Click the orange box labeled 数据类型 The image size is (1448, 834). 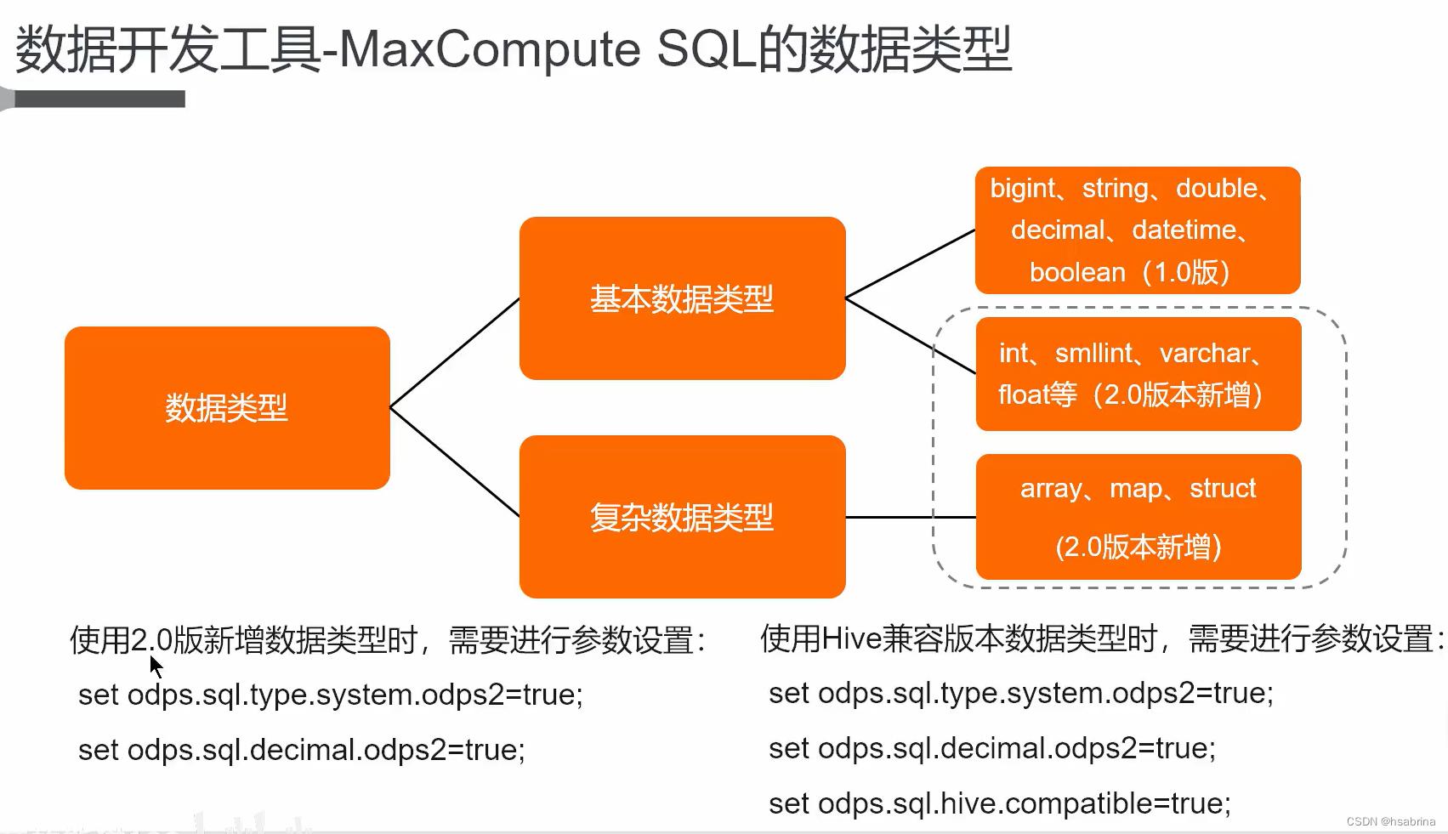(x=227, y=408)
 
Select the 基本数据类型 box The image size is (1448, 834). (x=682, y=298)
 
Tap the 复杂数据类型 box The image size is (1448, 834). (x=682, y=517)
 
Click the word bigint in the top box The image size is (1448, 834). (x=1022, y=189)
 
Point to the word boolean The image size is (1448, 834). (x=1077, y=273)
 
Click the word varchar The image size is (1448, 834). (x=1205, y=353)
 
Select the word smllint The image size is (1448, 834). (x=1094, y=353)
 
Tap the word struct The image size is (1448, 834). (x=1223, y=489)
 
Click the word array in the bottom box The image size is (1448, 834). (x=1051, y=489)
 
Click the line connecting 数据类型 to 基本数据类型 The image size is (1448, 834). (x=455, y=353)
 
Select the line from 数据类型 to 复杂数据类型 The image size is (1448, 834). (x=455, y=462)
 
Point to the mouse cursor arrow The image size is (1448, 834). (x=156, y=667)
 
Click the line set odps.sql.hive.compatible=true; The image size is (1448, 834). (x=999, y=803)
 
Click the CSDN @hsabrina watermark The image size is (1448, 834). (x=1390, y=821)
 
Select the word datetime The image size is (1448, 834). (x=1184, y=230)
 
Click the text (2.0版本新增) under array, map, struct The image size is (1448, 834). (x=1138, y=547)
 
